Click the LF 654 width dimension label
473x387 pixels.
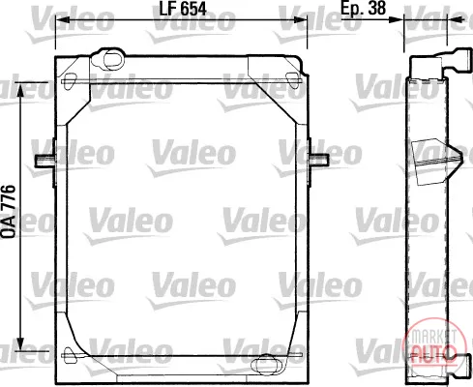(183, 9)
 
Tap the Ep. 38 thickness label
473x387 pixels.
(364, 8)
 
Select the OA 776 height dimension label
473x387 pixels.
(9, 212)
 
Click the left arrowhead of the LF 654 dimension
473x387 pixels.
(62, 19)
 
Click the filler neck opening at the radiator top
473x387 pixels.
(113, 59)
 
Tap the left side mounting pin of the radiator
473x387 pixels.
(44, 161)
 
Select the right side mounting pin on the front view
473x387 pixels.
(319, 160)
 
